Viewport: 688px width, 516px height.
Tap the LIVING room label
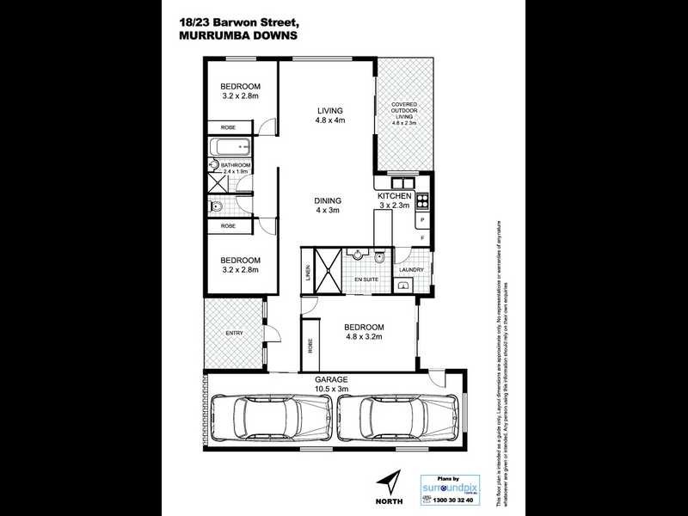point(329,111)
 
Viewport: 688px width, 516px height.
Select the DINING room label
point(328,201)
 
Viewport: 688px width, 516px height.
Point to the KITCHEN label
point(394,196)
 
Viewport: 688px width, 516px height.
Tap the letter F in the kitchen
point(422,237)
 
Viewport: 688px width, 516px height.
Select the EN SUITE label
point(365,279)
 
